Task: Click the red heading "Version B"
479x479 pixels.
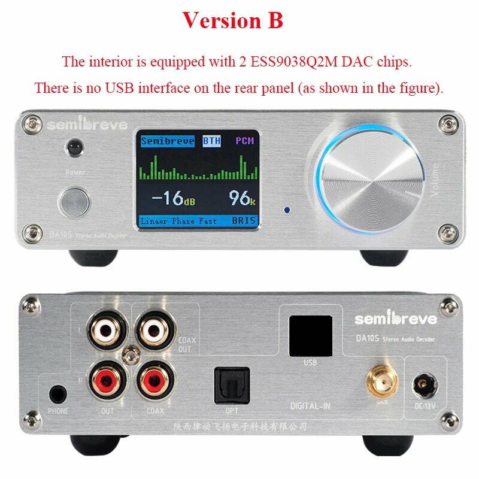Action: point(232,20)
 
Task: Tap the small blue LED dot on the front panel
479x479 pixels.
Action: point(288,210)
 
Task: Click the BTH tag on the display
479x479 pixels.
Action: point(211,141)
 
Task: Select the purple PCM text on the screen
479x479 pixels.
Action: point(244,141)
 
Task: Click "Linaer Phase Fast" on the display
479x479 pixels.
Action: point(179,221)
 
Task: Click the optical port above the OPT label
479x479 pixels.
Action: point(227,380)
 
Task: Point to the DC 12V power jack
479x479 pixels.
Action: point(426,381)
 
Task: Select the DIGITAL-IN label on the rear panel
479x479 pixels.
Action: point(310,407)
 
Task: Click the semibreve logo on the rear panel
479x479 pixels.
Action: point(396,319)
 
